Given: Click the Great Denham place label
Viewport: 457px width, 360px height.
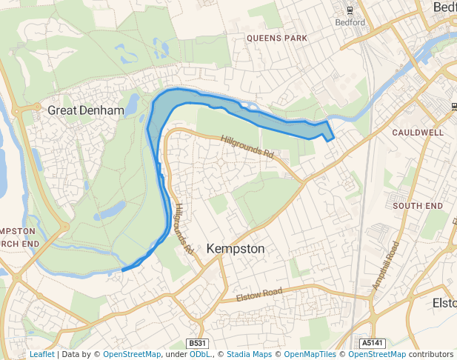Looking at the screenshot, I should tap(85, 110).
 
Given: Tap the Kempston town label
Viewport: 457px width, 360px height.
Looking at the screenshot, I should tap(236, 249).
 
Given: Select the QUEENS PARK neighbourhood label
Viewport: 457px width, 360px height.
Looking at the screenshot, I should tap(276, 37).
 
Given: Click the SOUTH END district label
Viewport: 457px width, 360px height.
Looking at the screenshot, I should tap(418, 205).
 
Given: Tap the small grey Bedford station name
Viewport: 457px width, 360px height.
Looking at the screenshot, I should tap(350, 22).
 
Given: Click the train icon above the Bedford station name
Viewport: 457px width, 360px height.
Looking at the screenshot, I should tap(350, 10).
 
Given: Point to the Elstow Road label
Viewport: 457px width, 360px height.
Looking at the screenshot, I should tap(260, 296).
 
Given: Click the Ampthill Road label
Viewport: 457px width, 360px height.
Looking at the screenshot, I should tap(386, 264).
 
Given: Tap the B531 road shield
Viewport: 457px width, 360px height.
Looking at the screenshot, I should tap(197, 344).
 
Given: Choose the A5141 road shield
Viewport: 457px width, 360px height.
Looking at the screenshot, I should tap(373, 344).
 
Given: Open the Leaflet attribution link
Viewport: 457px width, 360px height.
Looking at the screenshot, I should tap(41, 354).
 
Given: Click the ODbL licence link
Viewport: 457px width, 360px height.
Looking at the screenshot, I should tap(200, 354).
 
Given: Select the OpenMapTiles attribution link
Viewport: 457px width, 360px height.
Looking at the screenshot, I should tap(311, 354).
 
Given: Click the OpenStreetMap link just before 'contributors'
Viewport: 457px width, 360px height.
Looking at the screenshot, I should tap(377, 354).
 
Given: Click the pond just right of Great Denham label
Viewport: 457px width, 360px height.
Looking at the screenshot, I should tap(133, 105).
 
